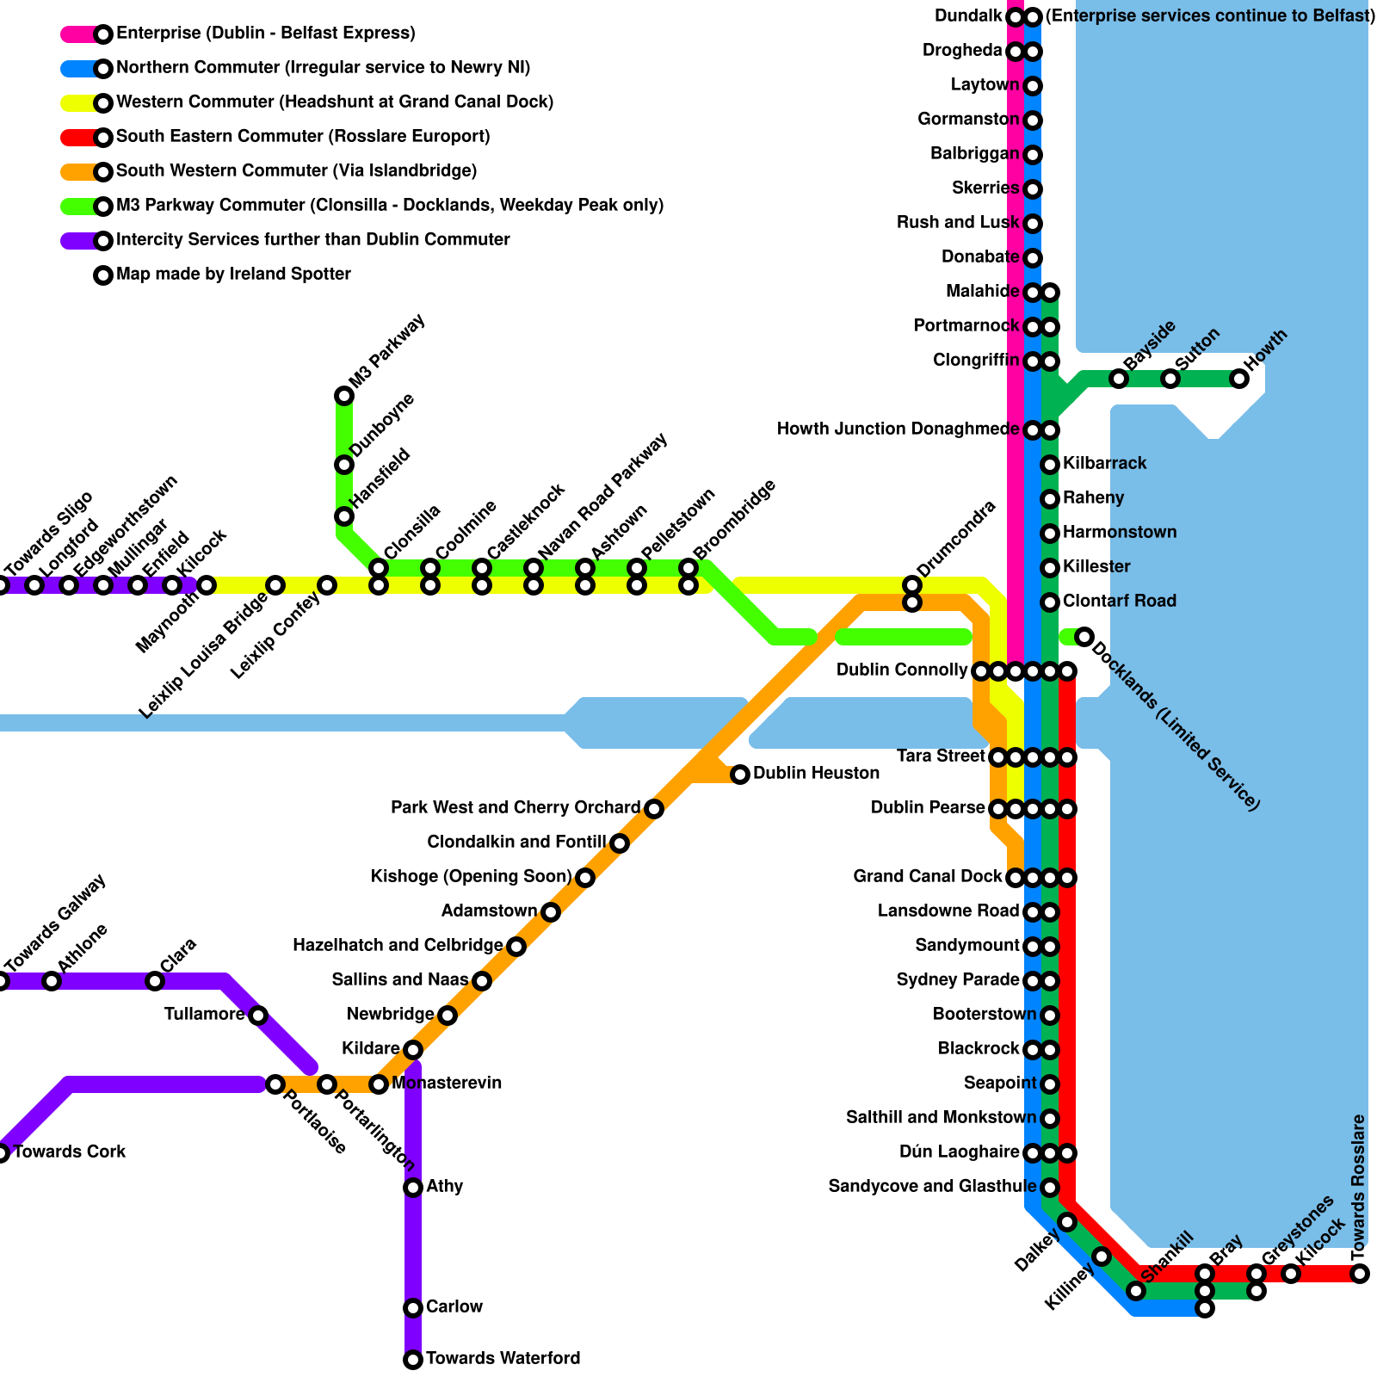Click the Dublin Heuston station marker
(740, 775)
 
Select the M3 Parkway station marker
(344, 396)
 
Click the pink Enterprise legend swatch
(79, 34)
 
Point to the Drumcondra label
(956, 540)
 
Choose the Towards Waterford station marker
(413, 1360)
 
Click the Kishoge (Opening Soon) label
(472, 877)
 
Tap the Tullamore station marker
(258, 1016)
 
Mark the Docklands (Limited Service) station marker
(1084, 637)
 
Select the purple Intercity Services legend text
(313, 240)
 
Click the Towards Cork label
(70, 1152)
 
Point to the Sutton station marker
(1170, 379)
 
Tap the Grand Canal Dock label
(928, 877)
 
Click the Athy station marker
(413, 1188)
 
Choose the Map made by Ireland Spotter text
(233, 275)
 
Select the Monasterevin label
(447, 1084)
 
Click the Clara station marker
(155, 981)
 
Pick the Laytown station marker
(1033, 86)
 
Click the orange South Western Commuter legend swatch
(79, 172)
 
